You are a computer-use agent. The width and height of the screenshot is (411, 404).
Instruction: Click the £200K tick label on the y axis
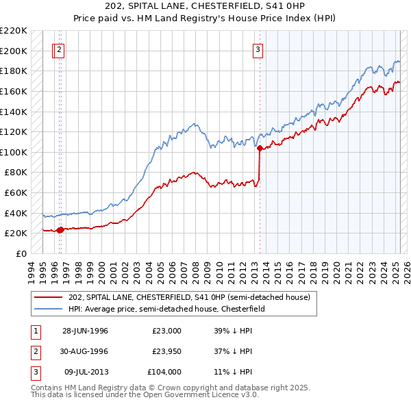pos(14,51)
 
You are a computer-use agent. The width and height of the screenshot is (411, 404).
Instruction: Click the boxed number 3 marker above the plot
pos(258,49)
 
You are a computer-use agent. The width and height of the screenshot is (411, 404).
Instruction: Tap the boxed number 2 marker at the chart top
pos(60,49)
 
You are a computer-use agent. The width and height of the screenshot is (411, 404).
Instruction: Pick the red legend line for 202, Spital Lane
pos(48,297)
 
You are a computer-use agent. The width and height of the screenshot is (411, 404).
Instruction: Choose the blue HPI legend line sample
pos(48,309)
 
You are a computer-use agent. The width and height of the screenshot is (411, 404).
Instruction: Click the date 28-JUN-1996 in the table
pos(85,331)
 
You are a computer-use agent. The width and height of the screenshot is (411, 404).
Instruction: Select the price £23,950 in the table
pos(166,351)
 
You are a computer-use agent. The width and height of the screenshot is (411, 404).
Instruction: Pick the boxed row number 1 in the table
pos(35,331)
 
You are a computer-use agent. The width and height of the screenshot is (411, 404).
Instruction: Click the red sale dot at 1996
pos(60,230)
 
